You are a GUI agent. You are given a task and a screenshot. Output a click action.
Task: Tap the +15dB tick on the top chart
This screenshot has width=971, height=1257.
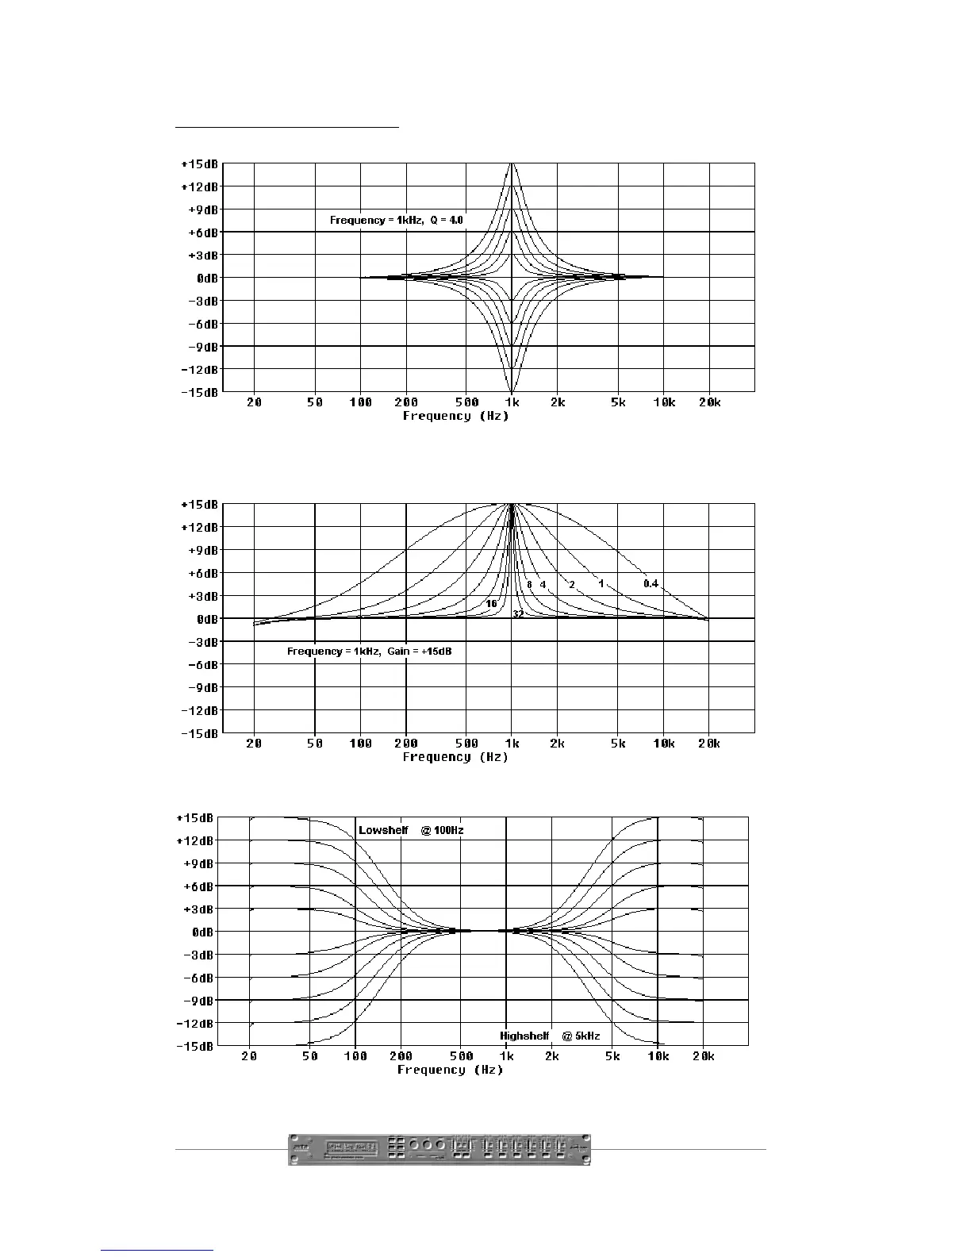pos(199,164)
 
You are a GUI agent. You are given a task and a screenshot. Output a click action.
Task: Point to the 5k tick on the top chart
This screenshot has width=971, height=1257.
pos(618,402)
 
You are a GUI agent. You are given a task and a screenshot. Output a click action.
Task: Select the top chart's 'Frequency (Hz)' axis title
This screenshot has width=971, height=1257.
pos(455,416)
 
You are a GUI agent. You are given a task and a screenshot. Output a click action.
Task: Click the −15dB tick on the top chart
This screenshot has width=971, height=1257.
pos(199,393)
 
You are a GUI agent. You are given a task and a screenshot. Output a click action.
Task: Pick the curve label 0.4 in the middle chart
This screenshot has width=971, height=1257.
pos(651,584)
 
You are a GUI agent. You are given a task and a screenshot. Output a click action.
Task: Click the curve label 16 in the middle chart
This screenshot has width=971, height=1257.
pos(492,604)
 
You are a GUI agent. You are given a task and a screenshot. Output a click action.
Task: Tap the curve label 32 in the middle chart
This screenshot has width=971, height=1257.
pos(518,614)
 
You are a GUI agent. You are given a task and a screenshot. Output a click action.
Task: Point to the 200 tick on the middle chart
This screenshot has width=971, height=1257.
pos(406,744)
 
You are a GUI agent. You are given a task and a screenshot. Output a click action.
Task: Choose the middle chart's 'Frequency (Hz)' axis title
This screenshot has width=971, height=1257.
pos(455,757)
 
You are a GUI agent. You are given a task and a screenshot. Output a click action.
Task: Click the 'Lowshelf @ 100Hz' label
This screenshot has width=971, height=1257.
pos(411,831)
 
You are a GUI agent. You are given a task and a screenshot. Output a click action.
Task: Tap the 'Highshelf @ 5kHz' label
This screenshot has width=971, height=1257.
pos(550,1036)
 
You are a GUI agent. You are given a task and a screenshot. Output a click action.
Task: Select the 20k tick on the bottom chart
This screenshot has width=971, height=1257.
pos(703,1056)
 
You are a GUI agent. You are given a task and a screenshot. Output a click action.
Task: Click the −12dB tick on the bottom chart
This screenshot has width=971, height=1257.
pos(194,1024)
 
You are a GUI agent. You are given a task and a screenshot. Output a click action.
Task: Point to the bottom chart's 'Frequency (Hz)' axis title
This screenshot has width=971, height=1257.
pos(450,1070)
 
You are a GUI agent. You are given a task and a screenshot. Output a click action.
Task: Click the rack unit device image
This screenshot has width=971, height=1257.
pos(439,1148)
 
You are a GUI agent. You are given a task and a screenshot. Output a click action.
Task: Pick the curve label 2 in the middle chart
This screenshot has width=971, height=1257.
pos(572,585)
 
